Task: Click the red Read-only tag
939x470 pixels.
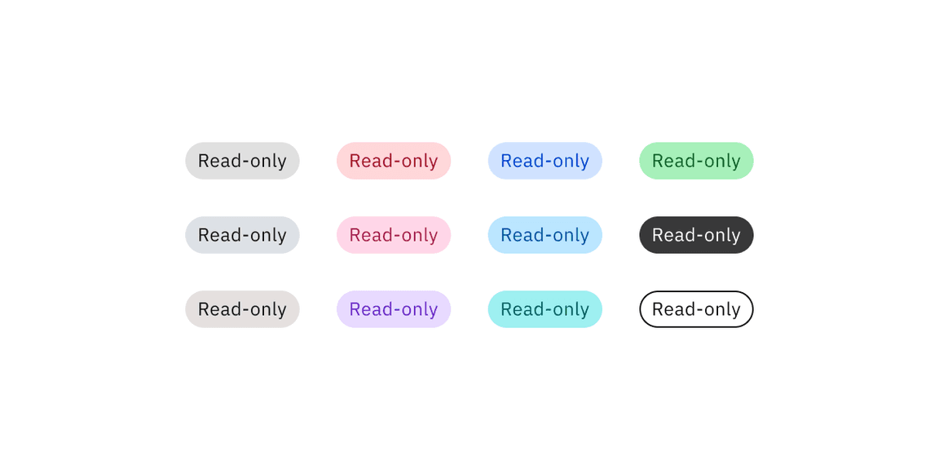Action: [394, 161]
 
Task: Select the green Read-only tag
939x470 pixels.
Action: [696, 161]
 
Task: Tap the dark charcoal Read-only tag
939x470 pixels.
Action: [696, 235]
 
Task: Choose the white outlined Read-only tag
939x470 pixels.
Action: [696, 309]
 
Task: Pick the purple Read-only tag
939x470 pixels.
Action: [394, 309]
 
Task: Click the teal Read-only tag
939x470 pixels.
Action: [545, 309]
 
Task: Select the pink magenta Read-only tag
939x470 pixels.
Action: [394, 235]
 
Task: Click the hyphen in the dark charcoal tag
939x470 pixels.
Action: [696, 237]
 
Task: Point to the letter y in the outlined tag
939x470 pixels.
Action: [735, 313]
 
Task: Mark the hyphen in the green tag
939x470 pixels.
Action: [696, 162]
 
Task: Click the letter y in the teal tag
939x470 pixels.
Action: [584, 313]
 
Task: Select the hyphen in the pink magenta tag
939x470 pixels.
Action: [394, 237]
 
